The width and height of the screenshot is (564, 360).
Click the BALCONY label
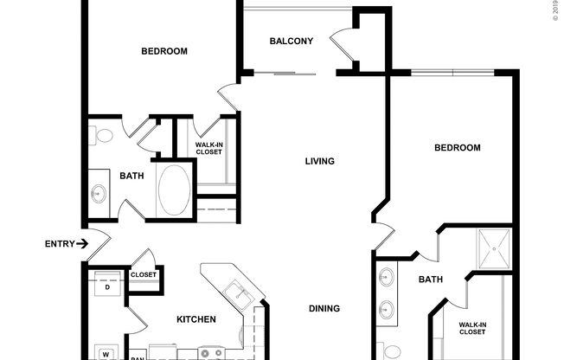click(291, 41)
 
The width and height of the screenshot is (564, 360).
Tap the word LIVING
click(319, 161)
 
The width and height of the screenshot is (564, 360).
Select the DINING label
click(324, 308)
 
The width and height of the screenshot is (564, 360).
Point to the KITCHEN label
click(195, 319)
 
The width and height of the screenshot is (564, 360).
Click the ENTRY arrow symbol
click(82, 244)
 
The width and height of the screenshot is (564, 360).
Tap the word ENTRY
click(60, 244)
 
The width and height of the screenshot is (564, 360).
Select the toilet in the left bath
click(100, 136)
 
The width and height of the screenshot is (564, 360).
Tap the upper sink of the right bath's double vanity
click(386, 278)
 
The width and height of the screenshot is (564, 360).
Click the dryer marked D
click(107, 286)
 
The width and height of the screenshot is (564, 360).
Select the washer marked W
click(105, 354)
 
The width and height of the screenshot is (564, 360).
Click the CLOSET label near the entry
click(144, 275)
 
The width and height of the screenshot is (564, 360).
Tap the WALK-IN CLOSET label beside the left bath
click(208, 148)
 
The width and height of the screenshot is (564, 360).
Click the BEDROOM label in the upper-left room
click(164, 51)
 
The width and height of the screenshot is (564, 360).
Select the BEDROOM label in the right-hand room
click(457, 148)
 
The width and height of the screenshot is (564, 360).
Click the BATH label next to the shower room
click(431, 280)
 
